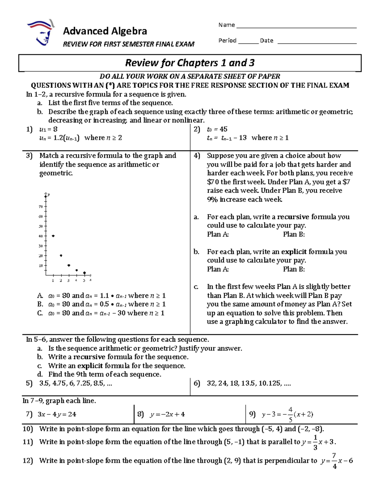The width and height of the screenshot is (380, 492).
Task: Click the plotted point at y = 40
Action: click(53, 236)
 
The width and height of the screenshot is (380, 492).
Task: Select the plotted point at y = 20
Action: click(61, 255)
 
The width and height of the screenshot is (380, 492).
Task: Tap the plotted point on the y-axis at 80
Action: click(46, 196)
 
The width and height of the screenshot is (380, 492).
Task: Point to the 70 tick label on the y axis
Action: click(41, 207)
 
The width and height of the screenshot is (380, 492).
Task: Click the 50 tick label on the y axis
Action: click(41, 226)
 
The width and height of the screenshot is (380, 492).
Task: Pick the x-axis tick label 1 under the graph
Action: click(53, 280)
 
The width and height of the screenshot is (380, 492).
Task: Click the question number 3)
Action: click(29, 156)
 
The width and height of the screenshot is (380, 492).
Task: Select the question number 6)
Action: click(197, 383)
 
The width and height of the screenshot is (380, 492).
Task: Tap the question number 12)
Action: click(28, 461)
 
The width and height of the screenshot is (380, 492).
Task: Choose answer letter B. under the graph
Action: click(40, 304)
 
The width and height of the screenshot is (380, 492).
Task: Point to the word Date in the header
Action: click(267, 41)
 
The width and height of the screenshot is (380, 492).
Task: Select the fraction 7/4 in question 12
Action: click(334, 461)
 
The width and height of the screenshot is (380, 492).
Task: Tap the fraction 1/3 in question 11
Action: click(315, 442)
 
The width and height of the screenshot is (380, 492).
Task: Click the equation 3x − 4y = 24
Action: click(57, 414)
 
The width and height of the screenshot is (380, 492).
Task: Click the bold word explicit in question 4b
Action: click(294, 252)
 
